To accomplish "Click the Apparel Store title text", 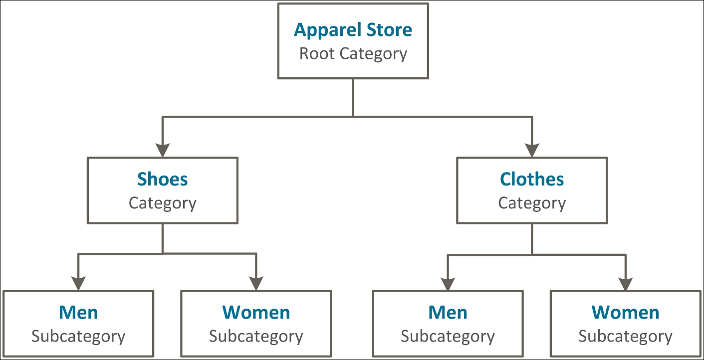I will pyautogui.click(x=353, y=30).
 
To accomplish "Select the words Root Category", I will pyautogui.click(x=353, y=53).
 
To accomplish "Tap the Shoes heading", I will pyautogui.click(x=163, y=179).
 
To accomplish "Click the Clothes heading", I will pyautogui.click(x=532, y=179).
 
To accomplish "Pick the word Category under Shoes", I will pyautogui.click(x=163, y=203).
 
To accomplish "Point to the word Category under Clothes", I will pyautogui.click(x=532, y=203).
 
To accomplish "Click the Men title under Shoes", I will pyautogui.click(x=78, y=313).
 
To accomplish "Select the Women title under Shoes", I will pyautogui.click(x=256, y=313).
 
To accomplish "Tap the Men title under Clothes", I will pyautogui.click(x=448, y=313).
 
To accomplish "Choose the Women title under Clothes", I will pyautogui.click(x=625, y=313).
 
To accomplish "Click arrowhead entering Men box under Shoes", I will pyautogui.click(x=78, y=283).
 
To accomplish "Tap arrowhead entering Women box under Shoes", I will pyautogui.click(x=256, y=283).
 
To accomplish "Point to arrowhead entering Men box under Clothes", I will pyautogui.click(x=448, y=283).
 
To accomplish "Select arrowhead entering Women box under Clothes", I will pyautogui.click(x=625, y=283).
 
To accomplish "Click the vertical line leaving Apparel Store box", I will pyautogui.click(x=353, y=97).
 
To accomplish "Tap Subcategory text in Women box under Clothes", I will pyautogui.click(x=625, y=337).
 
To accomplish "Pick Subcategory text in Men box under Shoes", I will pyautogui.click(x=78, y=337).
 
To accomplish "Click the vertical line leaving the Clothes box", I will pyautogui.click(x=532, y=239).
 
